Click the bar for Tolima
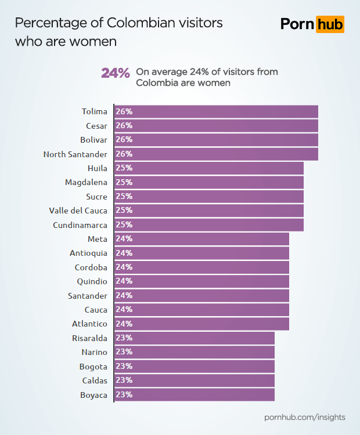216,111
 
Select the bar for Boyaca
194,395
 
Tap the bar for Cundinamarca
209,224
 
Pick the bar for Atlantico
201,324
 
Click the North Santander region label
75,154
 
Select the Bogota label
93,367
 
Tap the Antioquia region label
88,253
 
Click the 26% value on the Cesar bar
124,125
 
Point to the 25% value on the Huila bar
124,168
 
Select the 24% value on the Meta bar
124,238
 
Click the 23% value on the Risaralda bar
124,338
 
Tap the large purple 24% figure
115,73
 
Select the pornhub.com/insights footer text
305,417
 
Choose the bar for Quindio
201,281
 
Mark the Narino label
94,352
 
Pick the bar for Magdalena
209,182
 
